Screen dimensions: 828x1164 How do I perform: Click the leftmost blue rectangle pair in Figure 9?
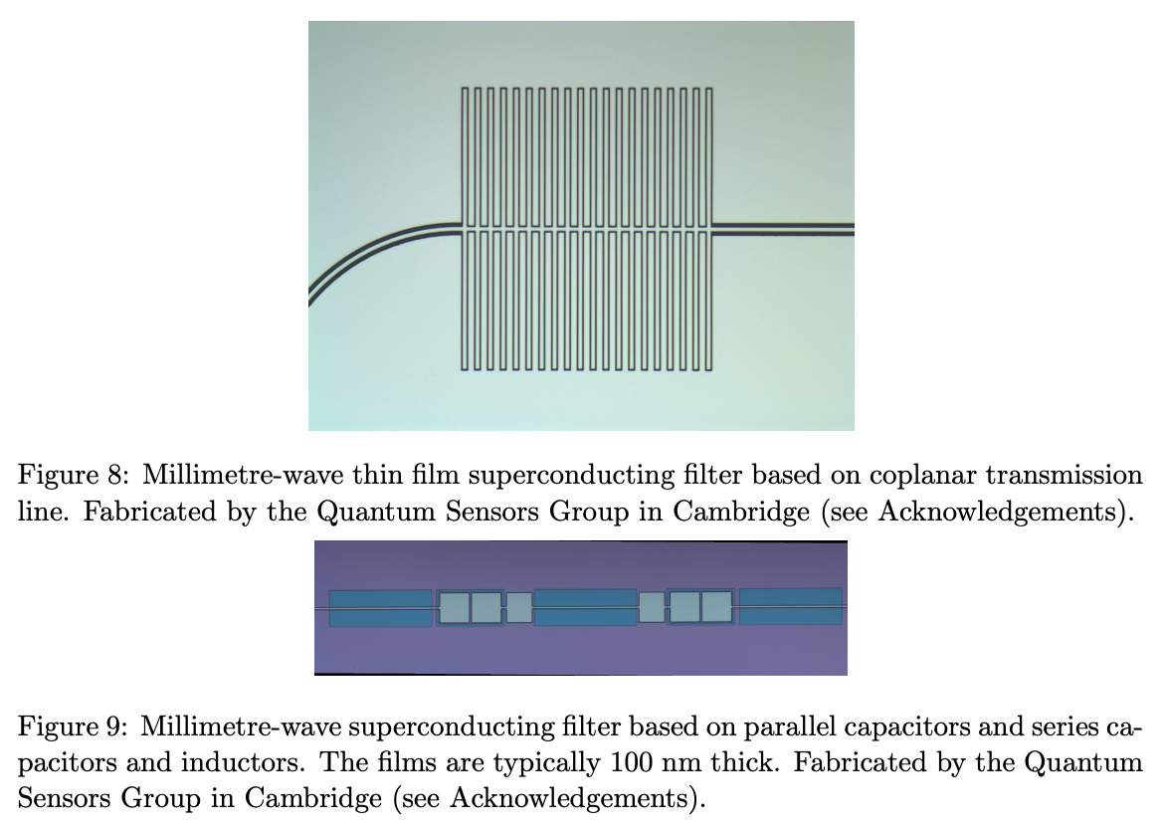click(x=380, y=608)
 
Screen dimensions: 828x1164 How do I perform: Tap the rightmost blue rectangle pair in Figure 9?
click(x=790, y=607)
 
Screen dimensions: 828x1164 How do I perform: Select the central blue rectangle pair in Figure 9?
click(x=585, y=607)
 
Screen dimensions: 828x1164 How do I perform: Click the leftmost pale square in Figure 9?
click(x=455, y=607)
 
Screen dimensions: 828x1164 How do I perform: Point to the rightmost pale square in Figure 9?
click(x=716, y=606)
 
